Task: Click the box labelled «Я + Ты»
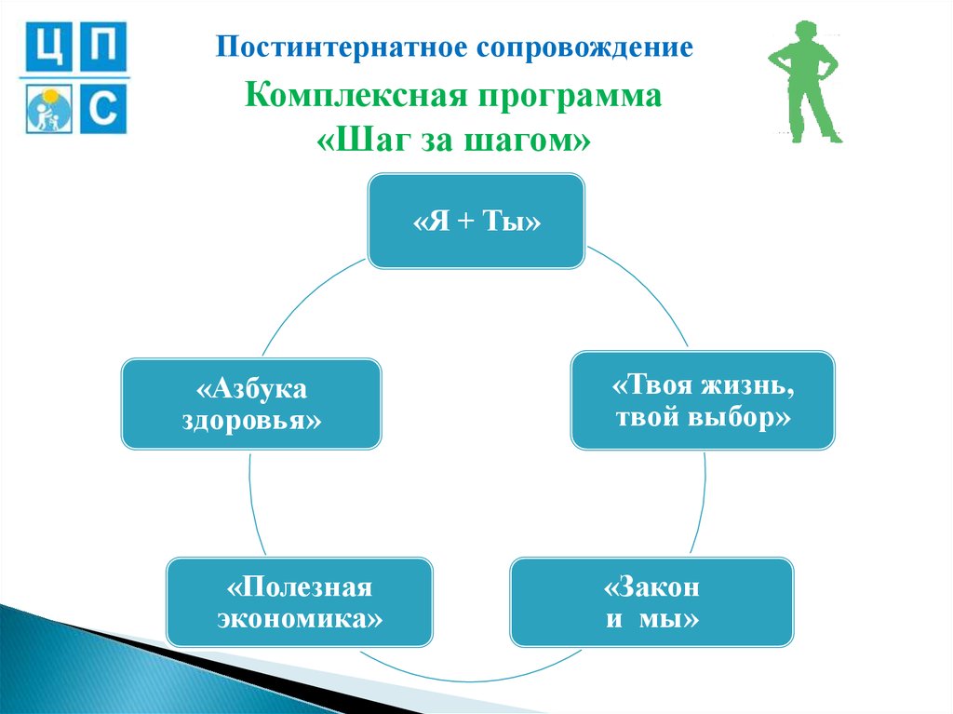[x=476, y=222]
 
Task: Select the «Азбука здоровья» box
[x=251, y=404]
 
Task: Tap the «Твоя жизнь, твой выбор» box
[x=703, y=400]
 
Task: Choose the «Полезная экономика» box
[x=300, y=602]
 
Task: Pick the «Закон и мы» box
[x=651, y=602]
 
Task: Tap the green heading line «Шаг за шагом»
[x=454, y=142]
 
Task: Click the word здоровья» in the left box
[x=252, y=421]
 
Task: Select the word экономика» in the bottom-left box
[x=300, y=619]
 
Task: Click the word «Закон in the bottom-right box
[x=651, y=587]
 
